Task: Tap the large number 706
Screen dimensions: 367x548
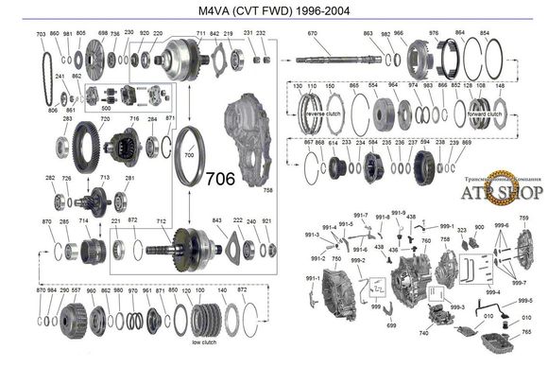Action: [220, 177]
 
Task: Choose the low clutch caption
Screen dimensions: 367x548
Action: [205, 341]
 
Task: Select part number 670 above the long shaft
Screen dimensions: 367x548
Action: [313, 34]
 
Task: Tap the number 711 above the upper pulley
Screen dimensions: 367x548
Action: [200, 34]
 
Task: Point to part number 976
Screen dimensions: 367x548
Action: [434, 34]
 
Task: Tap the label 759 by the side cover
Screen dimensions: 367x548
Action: [523, 218]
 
